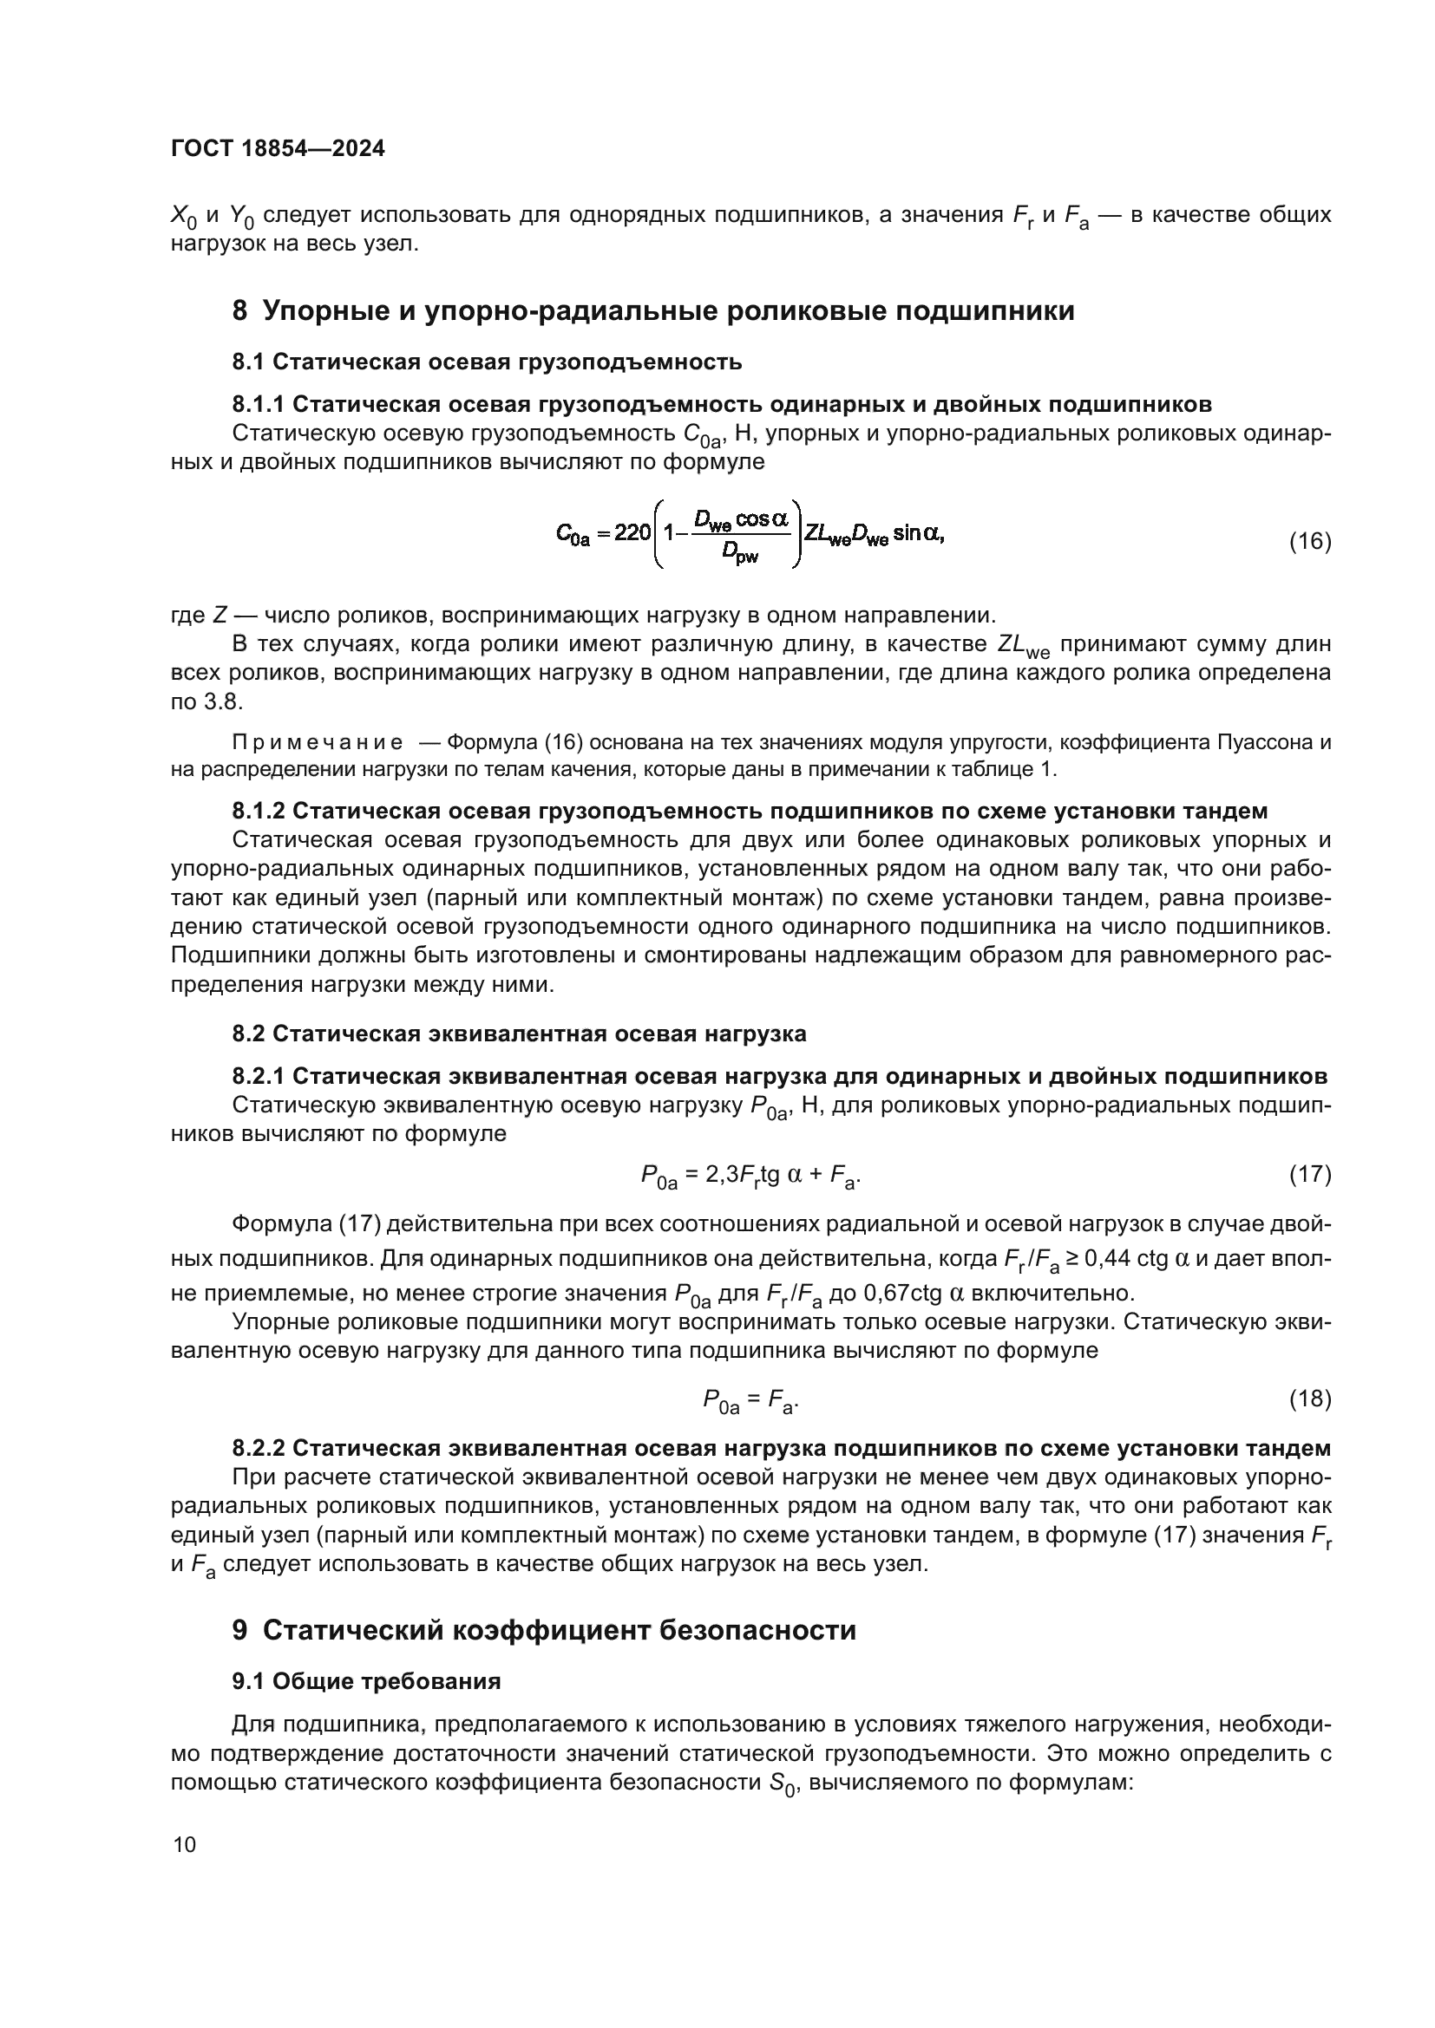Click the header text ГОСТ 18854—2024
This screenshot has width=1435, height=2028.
tap(278, 148)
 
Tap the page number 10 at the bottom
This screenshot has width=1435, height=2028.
tap(185, 1844)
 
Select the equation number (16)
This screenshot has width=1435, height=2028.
tap(1309, 541)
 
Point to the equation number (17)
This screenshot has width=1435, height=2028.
tap(1309, 1175)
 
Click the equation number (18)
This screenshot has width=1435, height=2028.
tap(1309, 1399)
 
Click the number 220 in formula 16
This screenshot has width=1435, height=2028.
tap(632, 532)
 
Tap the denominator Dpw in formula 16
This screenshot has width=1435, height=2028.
tap(739, 554)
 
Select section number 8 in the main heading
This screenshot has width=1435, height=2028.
tap(240, 311)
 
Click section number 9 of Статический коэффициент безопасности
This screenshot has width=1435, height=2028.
tap(240, 1630)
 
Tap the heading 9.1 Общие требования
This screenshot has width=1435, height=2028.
tap(366, 1681)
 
